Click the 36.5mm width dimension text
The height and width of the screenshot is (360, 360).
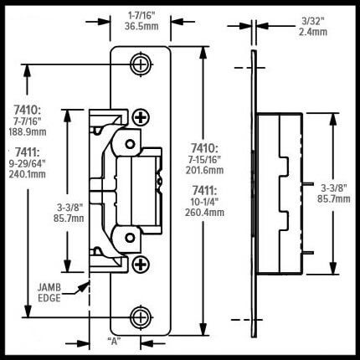tap(141, 26)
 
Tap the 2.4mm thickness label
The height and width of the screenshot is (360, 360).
tap(313, 32)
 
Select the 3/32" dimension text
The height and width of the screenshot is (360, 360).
tap(314, 21)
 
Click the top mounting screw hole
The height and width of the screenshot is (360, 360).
tap(141, 64)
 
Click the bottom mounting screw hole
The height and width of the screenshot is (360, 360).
tap(141, 317)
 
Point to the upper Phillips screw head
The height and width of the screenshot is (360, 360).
tap(141, 117)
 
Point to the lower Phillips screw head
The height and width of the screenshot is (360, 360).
tap(141, 265)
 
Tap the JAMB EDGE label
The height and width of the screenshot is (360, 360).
tap(49, 292)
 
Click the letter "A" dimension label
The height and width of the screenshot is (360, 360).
tap(114, 341)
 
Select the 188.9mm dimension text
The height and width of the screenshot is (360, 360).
tap(28, 132)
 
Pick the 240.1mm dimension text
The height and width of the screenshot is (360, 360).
tap(28, 174)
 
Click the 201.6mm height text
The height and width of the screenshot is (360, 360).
tap(205, 170)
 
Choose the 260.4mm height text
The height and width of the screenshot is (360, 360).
tap(204, 213)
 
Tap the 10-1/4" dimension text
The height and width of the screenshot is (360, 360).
tap(204, 202)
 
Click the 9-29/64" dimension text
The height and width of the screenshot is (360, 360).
tap(28, 163)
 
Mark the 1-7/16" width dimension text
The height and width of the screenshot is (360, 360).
tap(141, 16)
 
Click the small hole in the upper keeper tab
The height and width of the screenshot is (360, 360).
tap(130, 144)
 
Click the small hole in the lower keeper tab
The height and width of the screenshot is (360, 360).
tap(130, 238)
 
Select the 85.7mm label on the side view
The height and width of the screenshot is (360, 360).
tap(334, 199)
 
